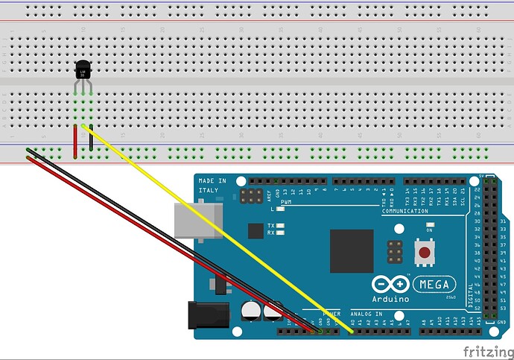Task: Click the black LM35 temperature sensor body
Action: tap(83, 70)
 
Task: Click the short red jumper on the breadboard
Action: tap(75, 142)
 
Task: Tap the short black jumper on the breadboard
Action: tap(91, 139)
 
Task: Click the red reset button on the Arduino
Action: tap(424, 253)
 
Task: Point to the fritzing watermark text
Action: tap(486, 350)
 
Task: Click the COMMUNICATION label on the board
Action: tap(406, 212)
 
